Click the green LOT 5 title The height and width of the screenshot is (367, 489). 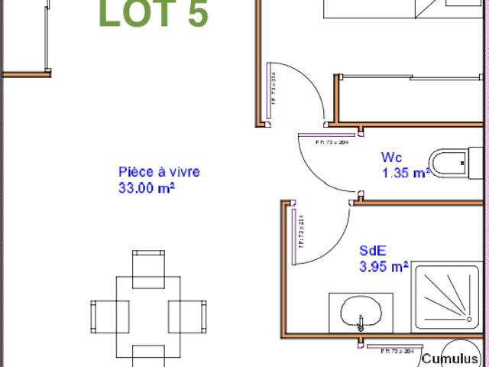[x=154, y=15]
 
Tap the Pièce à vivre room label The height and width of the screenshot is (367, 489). [x=159, y=172]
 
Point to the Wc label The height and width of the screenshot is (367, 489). [x=391, y=158]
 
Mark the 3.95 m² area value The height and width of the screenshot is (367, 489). [x=384, y=267]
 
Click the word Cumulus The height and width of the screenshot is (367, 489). [x=454, y=358]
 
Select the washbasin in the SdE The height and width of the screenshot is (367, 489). [x=361, y=313]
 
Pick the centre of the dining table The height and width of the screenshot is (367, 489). [x=147, y=313]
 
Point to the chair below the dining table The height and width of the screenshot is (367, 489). [x=147, y=357]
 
